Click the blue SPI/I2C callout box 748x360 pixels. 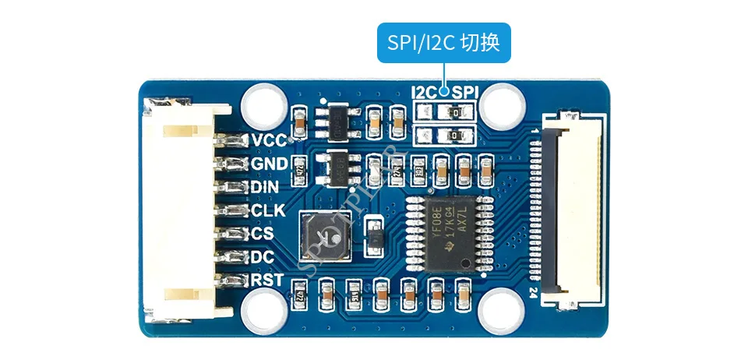click(444, 45)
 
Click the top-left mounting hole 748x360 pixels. click(263, 104)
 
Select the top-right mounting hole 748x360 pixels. click(499, 104)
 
